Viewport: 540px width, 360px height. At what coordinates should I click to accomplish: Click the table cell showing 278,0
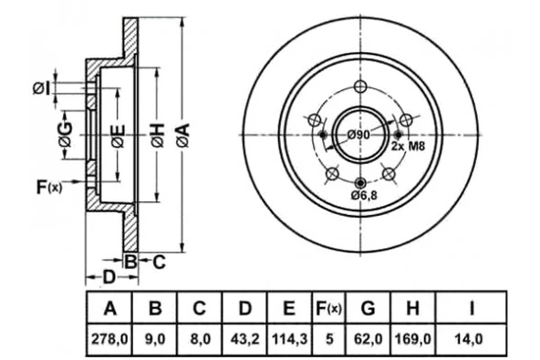pyautogui.click(x=109, y=339)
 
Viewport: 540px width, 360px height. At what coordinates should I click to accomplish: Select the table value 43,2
pyautogui.click(x=244, y=339)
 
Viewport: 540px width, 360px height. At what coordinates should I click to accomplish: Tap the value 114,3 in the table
pyautogui.click(x=290, y=339)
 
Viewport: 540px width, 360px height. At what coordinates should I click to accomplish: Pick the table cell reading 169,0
pyautogui.click(x=413, y=339)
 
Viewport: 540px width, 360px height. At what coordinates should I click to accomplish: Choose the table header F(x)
pyautogui.click(x=328, y=308)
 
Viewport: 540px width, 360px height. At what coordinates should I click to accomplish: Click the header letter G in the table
pyautogui.click(x=368, y=308)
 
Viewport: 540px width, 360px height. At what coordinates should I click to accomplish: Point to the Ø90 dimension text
pyautogui.click(x=358, y=135)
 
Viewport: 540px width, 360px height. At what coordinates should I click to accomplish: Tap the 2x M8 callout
pyautogui.click(x=408, y=146)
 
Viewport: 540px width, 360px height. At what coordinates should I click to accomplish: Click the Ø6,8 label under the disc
pyautogui.click(x=364, y=195)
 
